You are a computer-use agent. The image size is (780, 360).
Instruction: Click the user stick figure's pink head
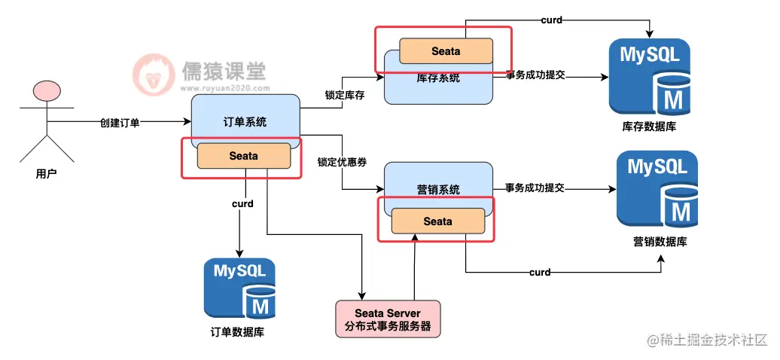[x=46, y=92]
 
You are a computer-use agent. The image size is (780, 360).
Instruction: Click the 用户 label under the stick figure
[x=47, y=173]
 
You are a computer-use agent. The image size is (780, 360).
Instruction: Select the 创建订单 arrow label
[x=120, y=122]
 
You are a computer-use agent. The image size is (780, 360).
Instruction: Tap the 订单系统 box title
[x=245, y=121]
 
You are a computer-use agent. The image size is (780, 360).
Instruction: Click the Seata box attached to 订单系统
[x=243, y=156]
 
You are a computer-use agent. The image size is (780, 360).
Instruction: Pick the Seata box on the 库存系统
[x=446, y=50]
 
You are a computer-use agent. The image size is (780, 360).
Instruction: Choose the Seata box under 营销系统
[x=437, y=221]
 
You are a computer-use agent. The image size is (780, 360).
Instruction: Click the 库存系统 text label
[x=437, y=78]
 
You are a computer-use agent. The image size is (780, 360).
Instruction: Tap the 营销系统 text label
[x=437, y=190]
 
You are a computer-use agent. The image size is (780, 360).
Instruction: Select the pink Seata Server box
[x=387, y=319]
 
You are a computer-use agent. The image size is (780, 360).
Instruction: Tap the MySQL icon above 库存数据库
[x=649, y=75]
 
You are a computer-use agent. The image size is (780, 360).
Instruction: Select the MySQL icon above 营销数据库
[x=657, y=188]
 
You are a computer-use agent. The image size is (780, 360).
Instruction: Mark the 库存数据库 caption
[x=649, y=127]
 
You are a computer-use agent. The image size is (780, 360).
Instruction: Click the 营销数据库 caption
[x=660, y=241]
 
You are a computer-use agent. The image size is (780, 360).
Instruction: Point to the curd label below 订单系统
[x=242, y=203]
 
